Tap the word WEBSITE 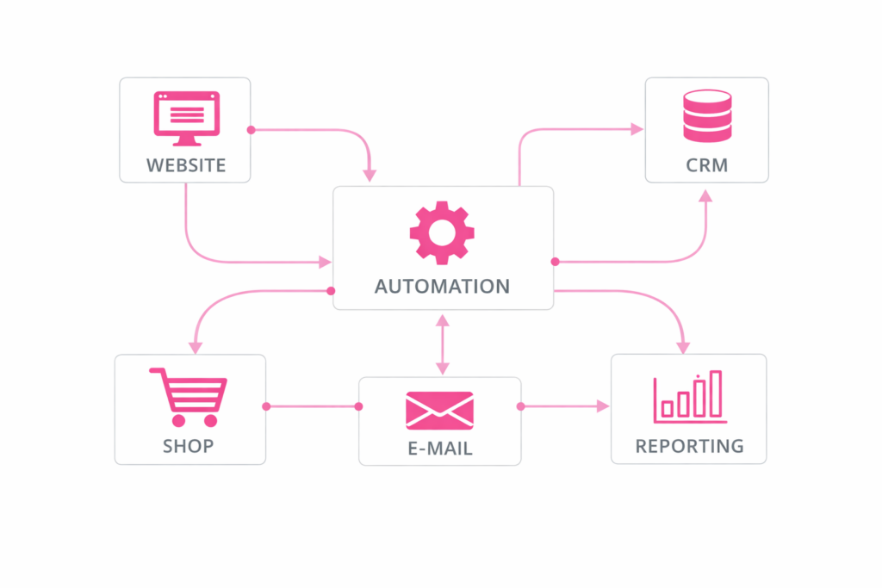186,165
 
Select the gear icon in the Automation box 442,232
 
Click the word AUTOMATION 442,287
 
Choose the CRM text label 707,165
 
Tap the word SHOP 189,446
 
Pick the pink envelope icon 439,410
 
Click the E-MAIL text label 439,449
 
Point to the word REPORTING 689,446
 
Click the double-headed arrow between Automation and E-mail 442,344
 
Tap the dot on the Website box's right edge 251,130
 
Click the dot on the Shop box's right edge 266,405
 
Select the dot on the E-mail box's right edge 520,405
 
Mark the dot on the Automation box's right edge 555,261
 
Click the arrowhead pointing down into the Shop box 196,347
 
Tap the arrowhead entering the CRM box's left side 637,129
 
